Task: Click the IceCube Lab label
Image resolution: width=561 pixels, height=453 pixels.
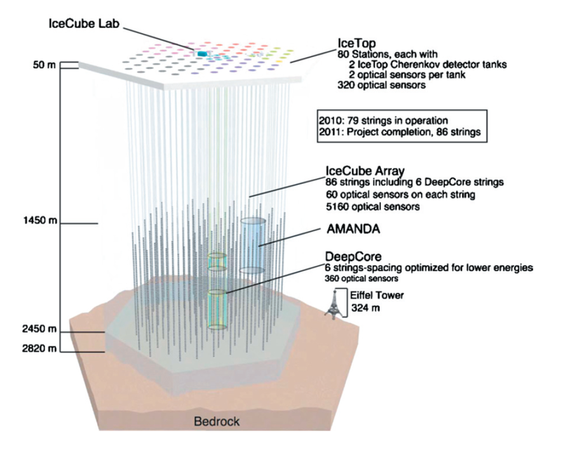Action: pos(86,22)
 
